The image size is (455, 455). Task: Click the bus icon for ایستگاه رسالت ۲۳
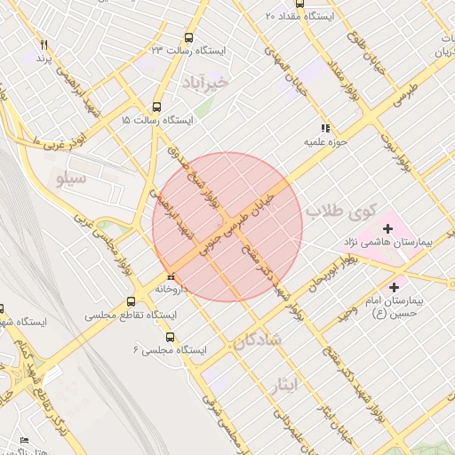(188, 38)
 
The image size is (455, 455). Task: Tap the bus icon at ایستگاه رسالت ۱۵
(157, 106)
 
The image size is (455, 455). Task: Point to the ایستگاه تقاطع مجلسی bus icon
(132, 301)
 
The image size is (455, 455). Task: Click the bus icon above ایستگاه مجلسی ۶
(171, 337)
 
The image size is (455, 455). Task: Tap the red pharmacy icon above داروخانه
(170, 275)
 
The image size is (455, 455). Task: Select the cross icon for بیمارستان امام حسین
(395, 287)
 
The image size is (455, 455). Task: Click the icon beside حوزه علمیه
(326, 128)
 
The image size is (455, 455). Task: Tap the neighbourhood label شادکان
(256, 339)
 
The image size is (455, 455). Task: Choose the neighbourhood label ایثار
(311, 383)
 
